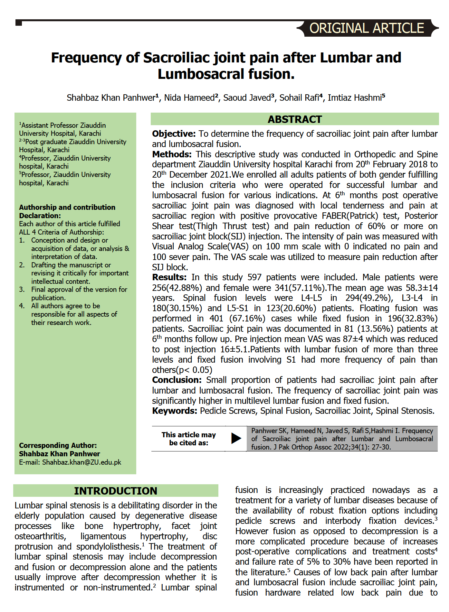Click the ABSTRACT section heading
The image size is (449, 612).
[294, 119]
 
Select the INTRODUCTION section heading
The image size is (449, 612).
[116, 491]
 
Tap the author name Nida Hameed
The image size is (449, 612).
[189, 98]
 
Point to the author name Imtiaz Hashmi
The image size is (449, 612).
[355, 98]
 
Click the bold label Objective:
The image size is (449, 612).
[174, 134]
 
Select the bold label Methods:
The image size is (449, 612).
[172, 154]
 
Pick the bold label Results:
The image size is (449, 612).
[169, 277]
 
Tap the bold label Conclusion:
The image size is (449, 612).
[177, 380]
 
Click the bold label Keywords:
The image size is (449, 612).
[174, 411]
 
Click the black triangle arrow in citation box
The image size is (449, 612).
[236, 438]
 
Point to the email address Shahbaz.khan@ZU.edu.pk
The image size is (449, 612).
[81, 462]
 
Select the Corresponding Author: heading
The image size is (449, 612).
[58, 446]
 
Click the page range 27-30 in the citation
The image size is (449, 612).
[380, 447]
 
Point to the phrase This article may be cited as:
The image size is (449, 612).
[188, 439]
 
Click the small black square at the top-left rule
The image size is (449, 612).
[19, 23]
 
